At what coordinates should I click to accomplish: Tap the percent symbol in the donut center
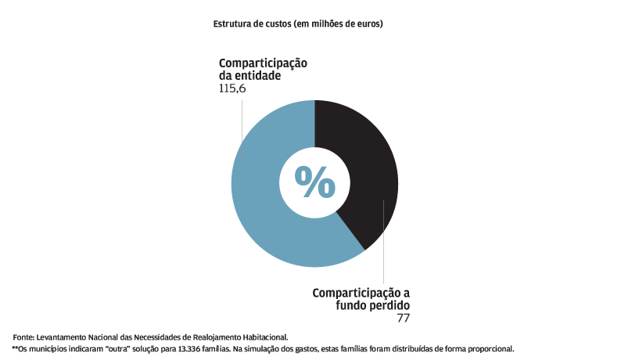click(x=315, y=183)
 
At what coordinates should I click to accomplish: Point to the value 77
click(x=403, y=319)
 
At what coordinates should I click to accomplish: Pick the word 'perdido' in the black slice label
click(x=386, y=305)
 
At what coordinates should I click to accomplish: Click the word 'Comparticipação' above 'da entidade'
click(x=264, y=63)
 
